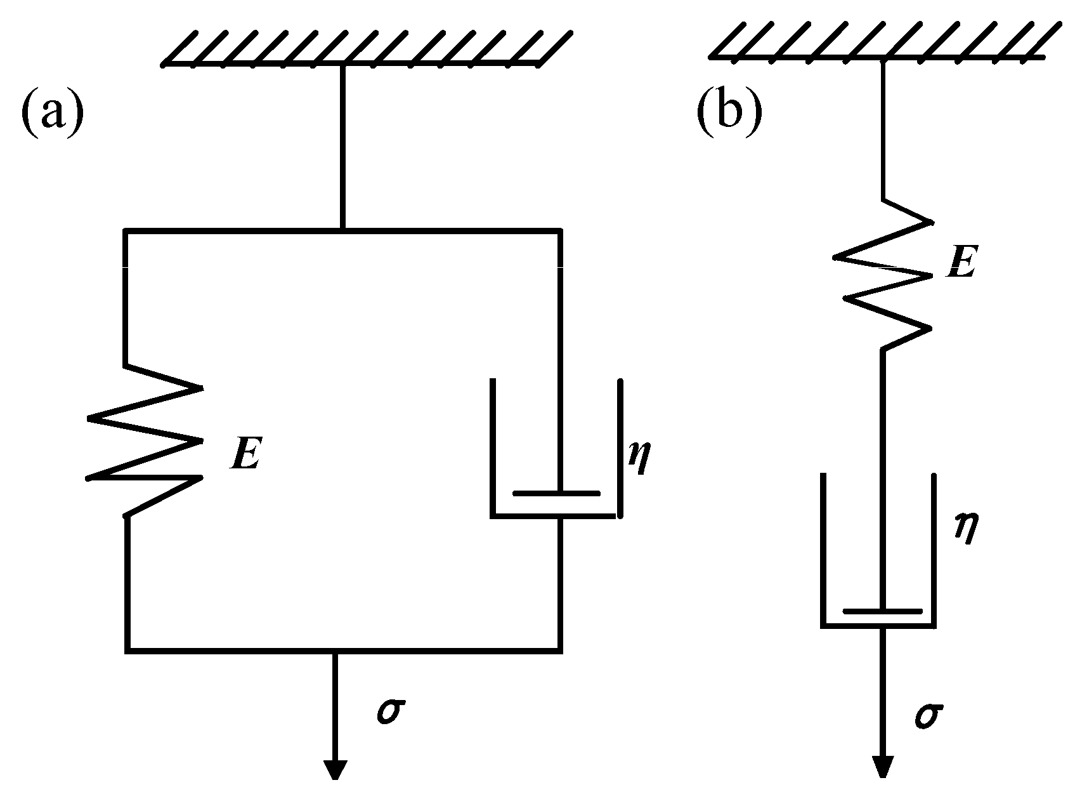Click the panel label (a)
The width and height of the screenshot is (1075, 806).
tap(52, 112)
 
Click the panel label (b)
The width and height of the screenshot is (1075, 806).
tap(729, 112)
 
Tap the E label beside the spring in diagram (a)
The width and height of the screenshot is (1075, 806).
tap(245, 454)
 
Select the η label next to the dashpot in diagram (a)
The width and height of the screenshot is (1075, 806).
tap(639, 458)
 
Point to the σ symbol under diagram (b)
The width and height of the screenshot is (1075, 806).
tap(927, 715)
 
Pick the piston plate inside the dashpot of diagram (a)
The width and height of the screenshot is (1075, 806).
tap(556, 493)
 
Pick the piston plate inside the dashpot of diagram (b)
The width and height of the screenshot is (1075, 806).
tap(882, 611)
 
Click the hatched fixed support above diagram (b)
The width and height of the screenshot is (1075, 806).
tap(882, 41)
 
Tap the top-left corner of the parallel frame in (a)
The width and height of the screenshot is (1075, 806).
tap(127, 231)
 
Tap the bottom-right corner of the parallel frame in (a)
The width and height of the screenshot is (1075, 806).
tap(559, 649)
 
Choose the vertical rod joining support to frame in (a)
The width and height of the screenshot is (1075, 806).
tap(343, 146)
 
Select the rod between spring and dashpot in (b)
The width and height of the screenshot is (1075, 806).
tap(882, 413)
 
